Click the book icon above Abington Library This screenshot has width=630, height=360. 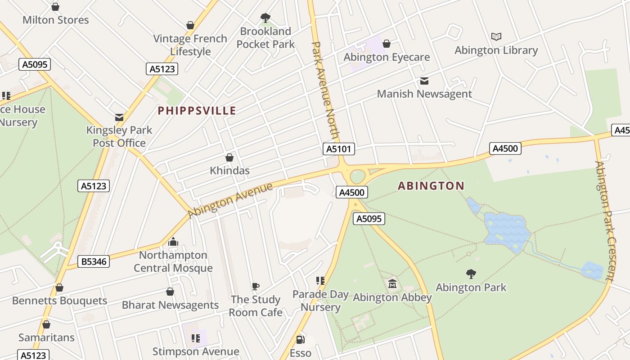(496, 36)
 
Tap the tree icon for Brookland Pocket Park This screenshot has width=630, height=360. (265, 18)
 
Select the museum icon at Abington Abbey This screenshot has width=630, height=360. (392, 284)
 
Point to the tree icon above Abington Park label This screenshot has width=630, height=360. (471, 274)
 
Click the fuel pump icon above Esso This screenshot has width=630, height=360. (300, 340)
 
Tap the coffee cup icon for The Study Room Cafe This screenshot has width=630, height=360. (255, 286)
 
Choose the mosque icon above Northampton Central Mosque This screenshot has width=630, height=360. (173, 242)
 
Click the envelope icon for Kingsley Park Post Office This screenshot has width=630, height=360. (119, 117)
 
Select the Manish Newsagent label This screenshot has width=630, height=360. (424, 94)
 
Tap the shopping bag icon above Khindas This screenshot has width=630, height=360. (229, 157)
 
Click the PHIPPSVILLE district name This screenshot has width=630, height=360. (197, 111)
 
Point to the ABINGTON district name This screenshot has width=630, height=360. (431, 185)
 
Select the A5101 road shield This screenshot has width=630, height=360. (339, 149)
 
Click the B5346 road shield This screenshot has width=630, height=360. (94, 261)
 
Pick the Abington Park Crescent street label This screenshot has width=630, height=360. (605, 220)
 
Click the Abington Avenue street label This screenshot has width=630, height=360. (230, 200)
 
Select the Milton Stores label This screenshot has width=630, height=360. (56, 20)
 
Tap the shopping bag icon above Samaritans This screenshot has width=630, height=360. (46, 324)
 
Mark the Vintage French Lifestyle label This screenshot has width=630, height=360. (190, 45)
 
